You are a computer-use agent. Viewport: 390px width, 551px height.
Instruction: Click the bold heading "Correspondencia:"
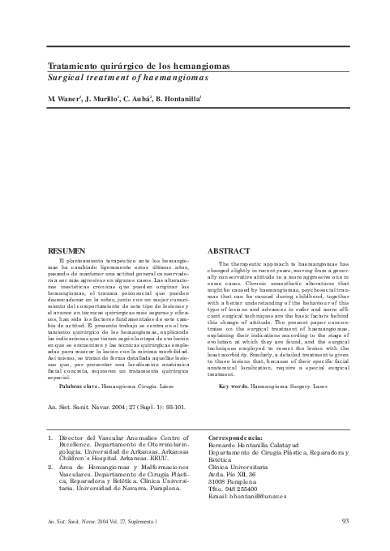tap(238, 438)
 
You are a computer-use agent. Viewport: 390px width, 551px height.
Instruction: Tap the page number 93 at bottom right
tap(345, 521)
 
